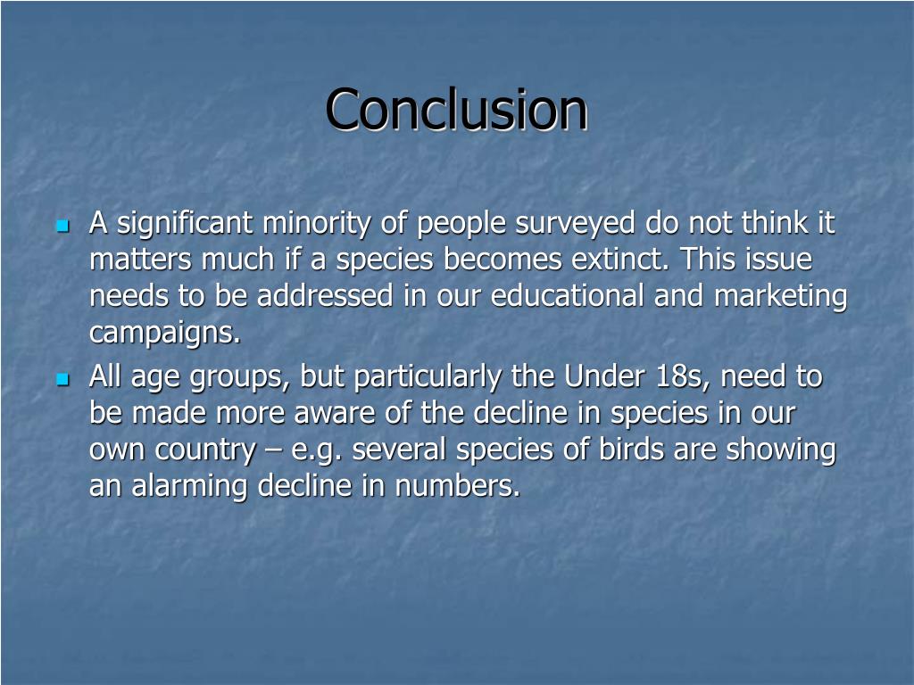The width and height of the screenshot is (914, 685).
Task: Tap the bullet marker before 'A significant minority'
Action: coord(62,227)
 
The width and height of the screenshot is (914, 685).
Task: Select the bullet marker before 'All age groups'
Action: coord(62,380)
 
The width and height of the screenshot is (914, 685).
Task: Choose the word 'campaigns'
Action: coord(164,334)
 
